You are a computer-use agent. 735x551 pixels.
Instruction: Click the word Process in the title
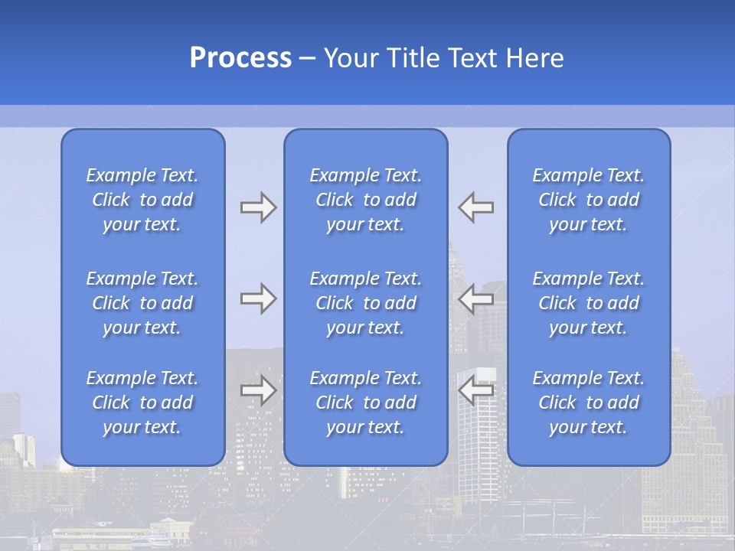coord(240,58)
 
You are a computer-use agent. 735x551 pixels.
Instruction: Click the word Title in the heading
coord(412,58)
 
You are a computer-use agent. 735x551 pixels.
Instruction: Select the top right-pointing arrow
coord(258,207)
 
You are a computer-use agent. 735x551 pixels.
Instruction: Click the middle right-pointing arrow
coord(258,298)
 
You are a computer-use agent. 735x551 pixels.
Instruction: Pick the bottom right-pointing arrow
coord(258,390)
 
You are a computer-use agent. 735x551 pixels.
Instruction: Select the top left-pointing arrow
coord(476,207)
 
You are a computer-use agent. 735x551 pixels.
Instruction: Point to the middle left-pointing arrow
coord(476,298)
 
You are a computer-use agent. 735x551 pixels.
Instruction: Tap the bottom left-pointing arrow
coord(476,390)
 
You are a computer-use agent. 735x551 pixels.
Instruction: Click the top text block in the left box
coord(142,200)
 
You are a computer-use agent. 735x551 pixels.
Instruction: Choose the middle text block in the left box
coord(142,303)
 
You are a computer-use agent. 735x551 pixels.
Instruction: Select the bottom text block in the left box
coord(142,403)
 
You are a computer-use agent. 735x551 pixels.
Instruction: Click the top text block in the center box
coord(365,200)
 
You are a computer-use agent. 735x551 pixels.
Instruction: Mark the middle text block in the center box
coord(365,303)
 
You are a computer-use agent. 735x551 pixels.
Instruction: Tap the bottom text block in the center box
coord(365,403)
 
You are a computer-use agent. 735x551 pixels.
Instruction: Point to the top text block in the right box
coord(588,200)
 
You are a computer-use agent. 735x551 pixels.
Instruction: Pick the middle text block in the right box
coord(588,303)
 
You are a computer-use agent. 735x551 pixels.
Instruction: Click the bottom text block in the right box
coord(588,403)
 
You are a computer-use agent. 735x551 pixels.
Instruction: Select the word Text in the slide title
coord(472,58)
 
